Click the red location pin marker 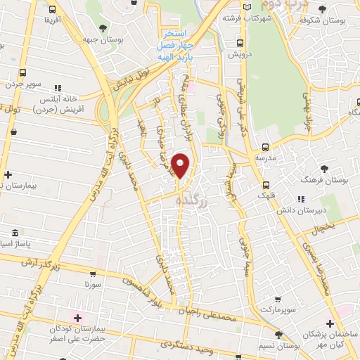[181, 166]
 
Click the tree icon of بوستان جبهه [103, 29]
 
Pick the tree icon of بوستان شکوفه [323, 9]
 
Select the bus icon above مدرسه [265, 148]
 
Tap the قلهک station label [264, 196]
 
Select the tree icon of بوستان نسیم [279, 335]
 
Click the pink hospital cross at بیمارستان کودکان [79, 316]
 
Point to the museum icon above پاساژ [15, 233]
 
